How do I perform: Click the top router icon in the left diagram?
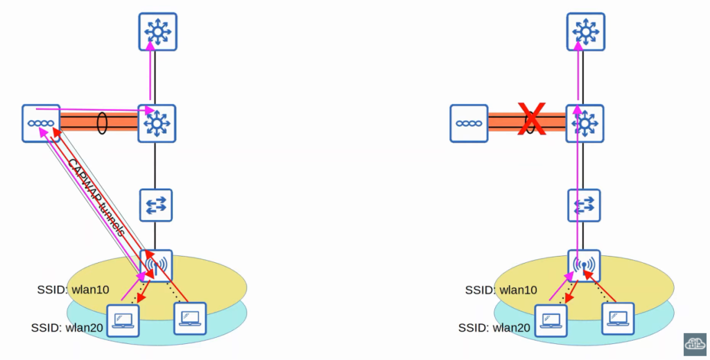click(x=157, y=31)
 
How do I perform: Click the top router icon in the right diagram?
click(x=585, y=31)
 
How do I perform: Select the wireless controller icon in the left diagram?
click(x=40, y=123)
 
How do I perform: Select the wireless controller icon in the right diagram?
click(x=469, y=123)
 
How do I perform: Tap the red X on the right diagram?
click(x=532, y=119)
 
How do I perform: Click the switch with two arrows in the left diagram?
click(x=156, y=205)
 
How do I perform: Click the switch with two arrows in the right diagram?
click(x=584, y=205)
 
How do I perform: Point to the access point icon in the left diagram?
click(x=156, y=264)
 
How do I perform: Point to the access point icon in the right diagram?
click(x=584, y=264)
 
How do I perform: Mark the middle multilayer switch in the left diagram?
click(x=157, y=123)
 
